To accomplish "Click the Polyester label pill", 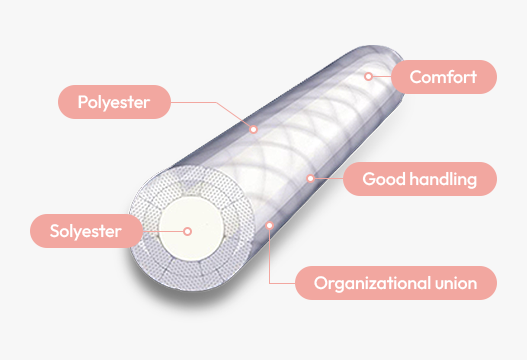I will click(114, 102).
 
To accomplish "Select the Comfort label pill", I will click(444, 76).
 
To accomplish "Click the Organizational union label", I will click(396, 282).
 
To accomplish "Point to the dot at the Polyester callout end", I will click(254, 128).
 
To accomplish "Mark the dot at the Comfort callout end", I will click(368, 75).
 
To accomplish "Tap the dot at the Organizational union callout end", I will click(270, 226).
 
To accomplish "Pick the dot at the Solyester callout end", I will click(186, 232).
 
